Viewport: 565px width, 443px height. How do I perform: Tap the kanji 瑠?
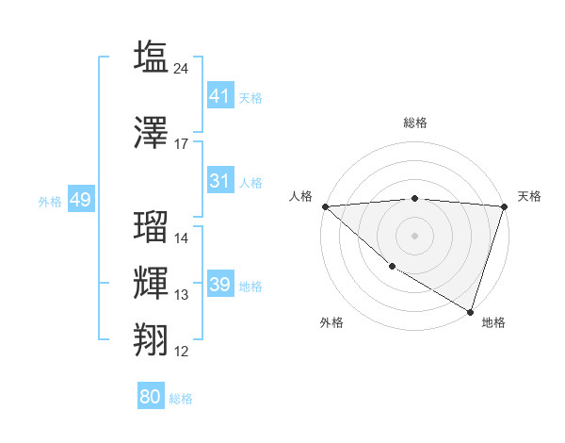[x=151, y=226]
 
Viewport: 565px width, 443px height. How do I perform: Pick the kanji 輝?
[x=151, y=283]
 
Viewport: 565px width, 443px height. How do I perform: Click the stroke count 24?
[x=182, y=68]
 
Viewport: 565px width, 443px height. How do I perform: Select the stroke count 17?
[x=182, y=144]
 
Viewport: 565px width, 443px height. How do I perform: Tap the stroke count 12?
[x=182, y=352]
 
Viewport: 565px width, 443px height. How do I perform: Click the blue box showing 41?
[x=220, y=96]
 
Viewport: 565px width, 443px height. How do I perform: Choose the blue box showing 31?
[x=220, y=181]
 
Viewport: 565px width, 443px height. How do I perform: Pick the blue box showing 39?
[x=220, y=285]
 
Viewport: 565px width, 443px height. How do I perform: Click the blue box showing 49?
[x=80, y=200]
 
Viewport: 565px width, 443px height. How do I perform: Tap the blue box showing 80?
[x=151, y=397]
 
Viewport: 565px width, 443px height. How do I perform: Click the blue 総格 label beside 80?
[x=182, y=399]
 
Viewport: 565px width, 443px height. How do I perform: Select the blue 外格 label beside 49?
[x=50, y=202]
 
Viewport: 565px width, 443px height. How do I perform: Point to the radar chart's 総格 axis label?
[x=415, y=123]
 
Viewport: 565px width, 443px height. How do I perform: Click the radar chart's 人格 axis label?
[x=301, y=196]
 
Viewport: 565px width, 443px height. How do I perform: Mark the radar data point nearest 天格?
[x=504, y=206]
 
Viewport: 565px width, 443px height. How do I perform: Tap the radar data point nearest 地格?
[x=470, y=311]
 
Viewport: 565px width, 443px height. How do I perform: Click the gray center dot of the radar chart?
[x=414, y=235]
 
